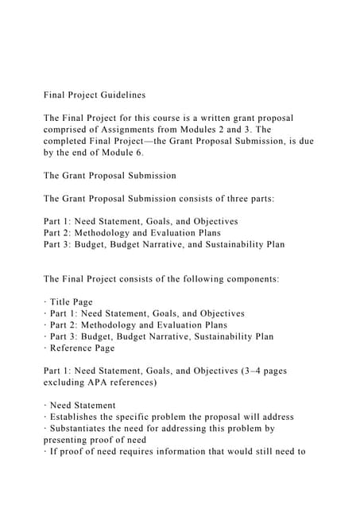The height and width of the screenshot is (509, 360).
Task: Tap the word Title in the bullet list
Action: tap(60, 302)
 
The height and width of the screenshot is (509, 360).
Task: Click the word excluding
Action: tap(67, 383)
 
